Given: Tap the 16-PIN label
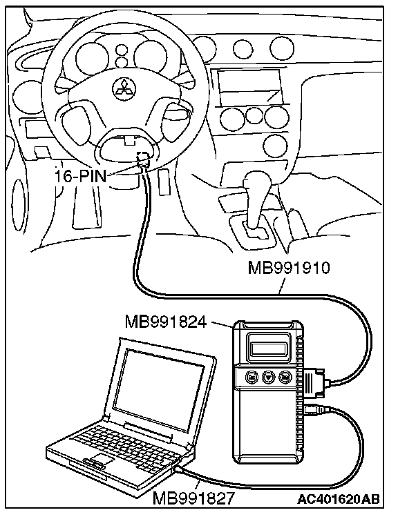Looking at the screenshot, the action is pos(80,177).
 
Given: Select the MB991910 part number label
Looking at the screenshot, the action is pos(289,268).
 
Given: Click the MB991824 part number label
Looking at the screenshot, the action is pos(166,321).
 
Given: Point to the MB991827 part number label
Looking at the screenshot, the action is pos(193,498).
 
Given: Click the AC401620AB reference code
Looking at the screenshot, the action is pos(338,498).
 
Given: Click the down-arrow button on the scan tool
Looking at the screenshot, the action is pos(268,376).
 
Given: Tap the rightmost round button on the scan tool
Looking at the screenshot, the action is pos(285,376).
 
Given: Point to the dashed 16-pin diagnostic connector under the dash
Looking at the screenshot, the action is pos(143,159).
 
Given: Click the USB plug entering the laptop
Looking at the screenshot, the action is pos(179,469).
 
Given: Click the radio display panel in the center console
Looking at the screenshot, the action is pos(249,86).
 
